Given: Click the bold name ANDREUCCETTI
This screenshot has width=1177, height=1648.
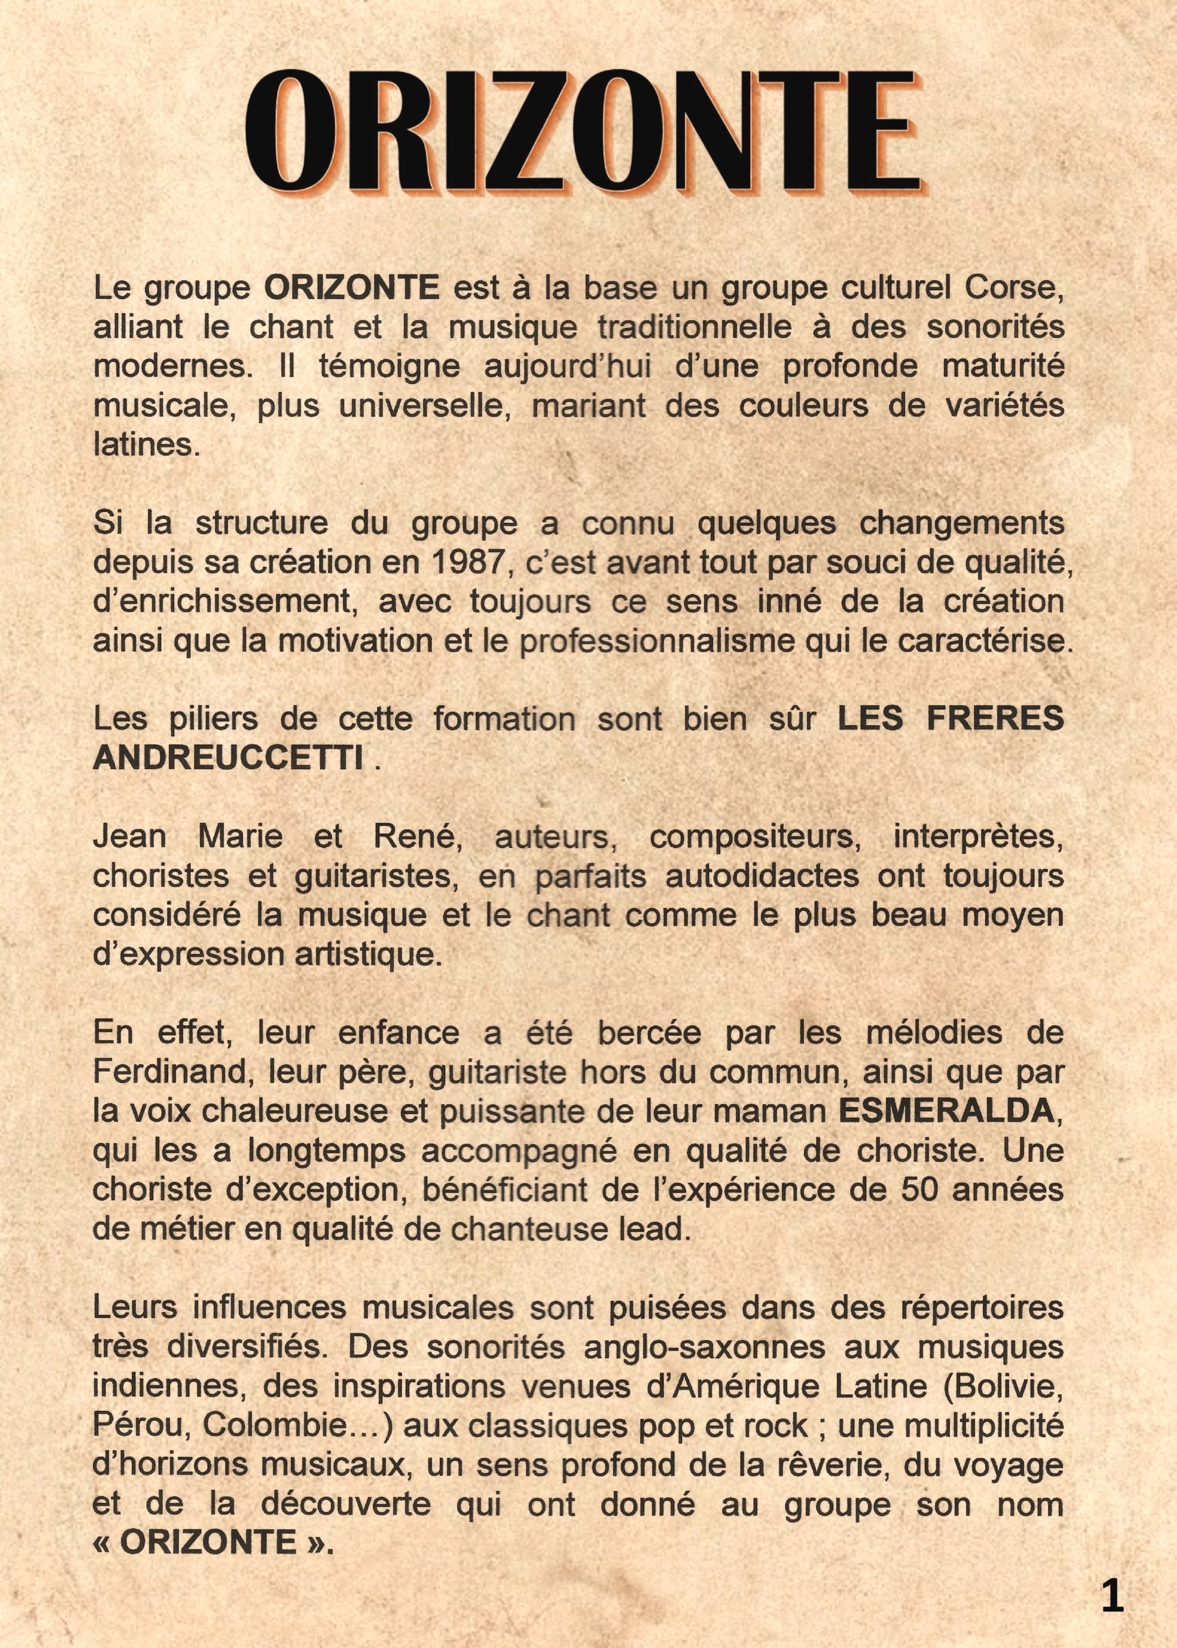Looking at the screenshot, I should coord(228,758).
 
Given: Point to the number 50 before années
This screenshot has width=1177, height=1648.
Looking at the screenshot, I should coord(920,1190).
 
